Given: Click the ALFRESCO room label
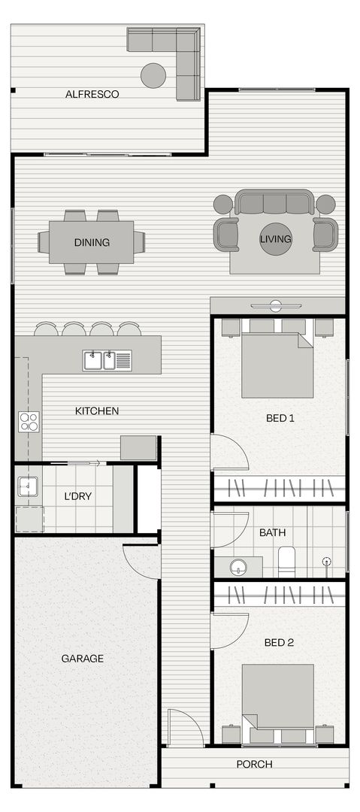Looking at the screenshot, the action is (x=92, y=94).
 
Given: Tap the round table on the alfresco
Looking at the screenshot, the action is (x=153, y=76).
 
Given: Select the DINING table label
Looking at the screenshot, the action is (x=92, y=242).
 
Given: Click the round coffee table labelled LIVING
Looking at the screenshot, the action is (x=276, y=239).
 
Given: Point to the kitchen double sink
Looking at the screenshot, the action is (x=107, y=360).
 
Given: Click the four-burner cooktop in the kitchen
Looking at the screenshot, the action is (x=29, y=422).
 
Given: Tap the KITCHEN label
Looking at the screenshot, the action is (x=97, y=411).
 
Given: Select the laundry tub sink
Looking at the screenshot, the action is (x=26, y=486).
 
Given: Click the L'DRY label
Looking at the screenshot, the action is (x=77, y=497).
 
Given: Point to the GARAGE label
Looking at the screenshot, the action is (x=83, y=659).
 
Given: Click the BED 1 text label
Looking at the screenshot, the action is (x=280, y=418).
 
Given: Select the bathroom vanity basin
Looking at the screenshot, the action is (x=237, y=566).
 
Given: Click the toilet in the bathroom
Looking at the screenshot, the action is (x=286, y=562).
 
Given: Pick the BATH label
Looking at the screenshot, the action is (x=273, y=532).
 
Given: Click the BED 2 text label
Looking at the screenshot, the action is (x=279, y=643).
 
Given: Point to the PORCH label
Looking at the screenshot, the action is (x=254, y=765).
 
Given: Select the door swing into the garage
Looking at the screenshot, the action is (x=141, y=561).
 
